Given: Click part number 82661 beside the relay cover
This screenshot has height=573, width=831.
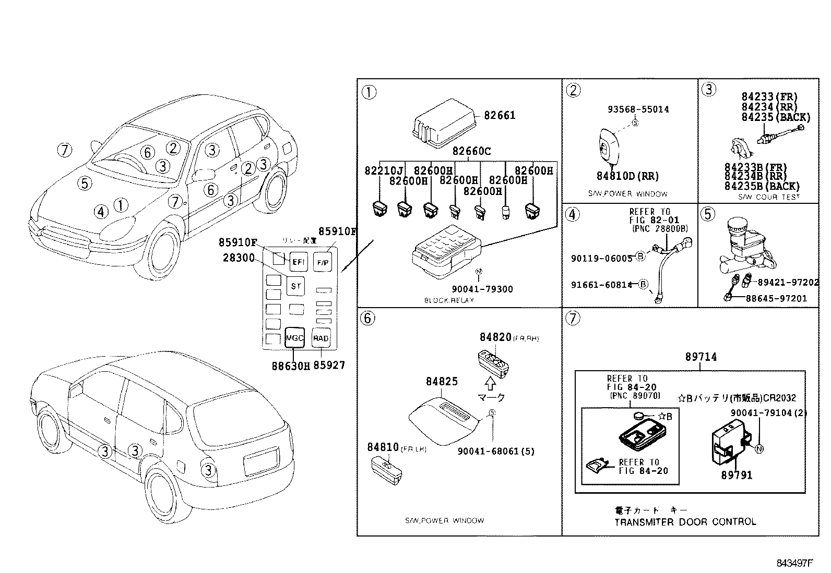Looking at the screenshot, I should [500, 115].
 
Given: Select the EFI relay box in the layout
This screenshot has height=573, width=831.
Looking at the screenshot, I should [298, 262].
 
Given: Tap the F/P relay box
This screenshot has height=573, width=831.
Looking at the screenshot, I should [322, 262].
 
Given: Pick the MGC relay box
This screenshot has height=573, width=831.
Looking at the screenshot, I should [294, 338].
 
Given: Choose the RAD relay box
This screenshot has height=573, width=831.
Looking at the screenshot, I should [320, 338].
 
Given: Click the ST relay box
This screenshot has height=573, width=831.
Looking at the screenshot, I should [296, 286].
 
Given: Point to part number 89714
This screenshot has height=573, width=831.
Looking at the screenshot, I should [701, 357].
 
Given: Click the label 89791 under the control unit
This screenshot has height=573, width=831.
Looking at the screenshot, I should [737, 475].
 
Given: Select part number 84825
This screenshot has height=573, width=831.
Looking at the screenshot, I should [442, 382].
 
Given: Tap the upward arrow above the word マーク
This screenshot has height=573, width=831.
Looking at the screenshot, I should [490, 384].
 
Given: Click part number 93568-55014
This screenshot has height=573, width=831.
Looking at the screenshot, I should [638, 109].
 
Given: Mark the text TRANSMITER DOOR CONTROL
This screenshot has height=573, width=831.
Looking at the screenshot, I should [685, 522].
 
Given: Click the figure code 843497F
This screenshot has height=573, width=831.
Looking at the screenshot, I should [795, 563].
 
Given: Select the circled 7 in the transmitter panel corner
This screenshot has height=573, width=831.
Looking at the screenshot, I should [573, 318].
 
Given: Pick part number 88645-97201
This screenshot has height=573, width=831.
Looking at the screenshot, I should [776, 299].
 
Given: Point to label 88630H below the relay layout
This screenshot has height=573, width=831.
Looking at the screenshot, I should [291, 366].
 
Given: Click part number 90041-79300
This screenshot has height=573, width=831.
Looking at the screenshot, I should [482, 289].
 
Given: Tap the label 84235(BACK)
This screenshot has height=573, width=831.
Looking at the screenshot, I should [776, 117].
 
